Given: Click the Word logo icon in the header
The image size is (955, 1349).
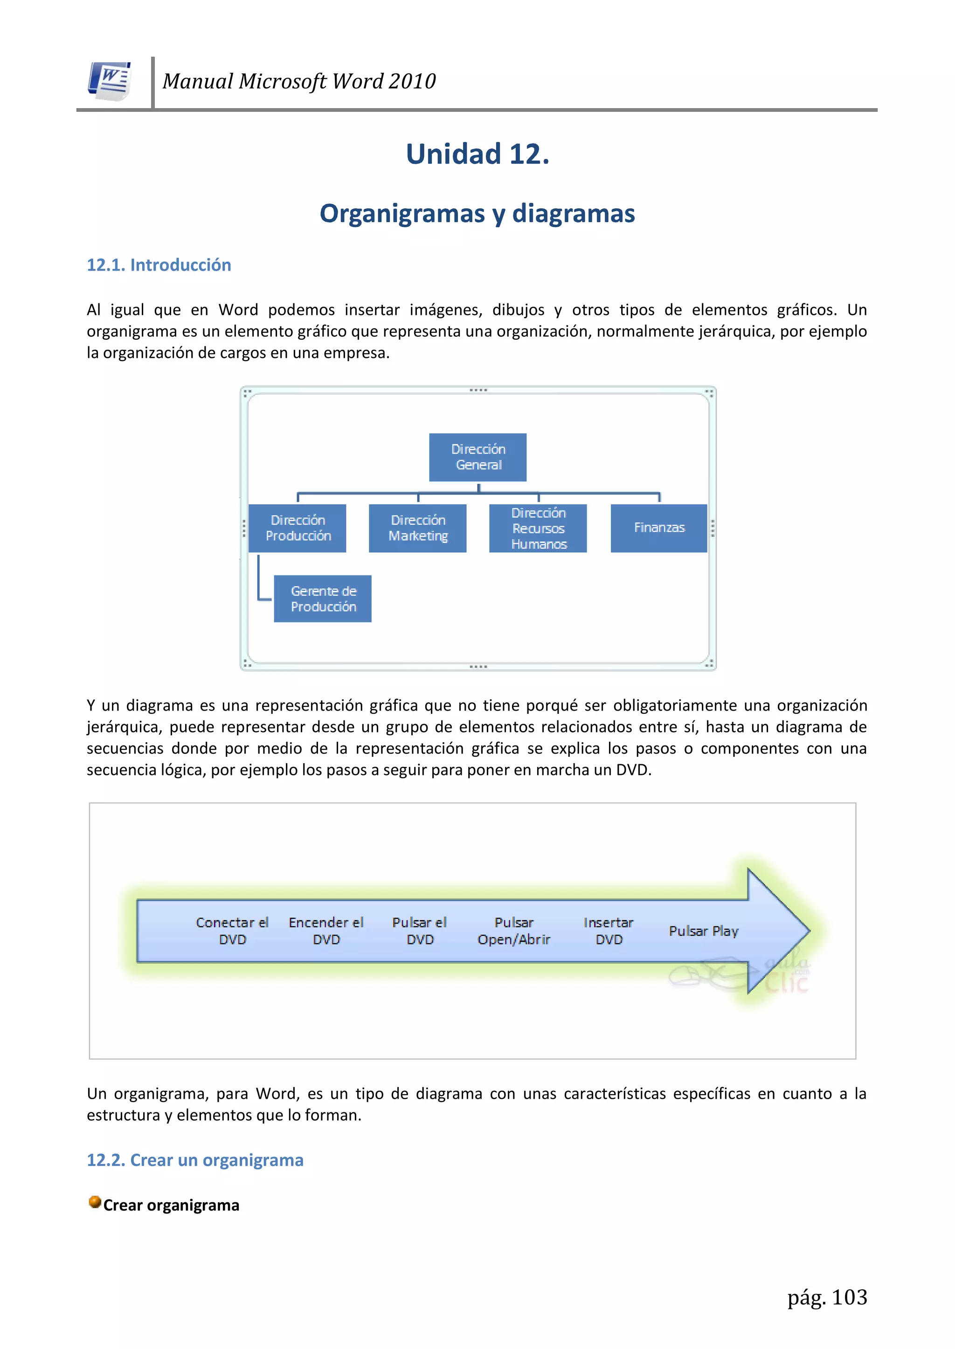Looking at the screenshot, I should point(110,81).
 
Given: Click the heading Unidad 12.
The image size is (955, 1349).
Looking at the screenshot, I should point(477,154).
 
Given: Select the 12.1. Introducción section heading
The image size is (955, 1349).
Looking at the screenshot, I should point(159,265).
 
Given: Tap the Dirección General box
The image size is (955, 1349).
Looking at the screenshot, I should point(477,457).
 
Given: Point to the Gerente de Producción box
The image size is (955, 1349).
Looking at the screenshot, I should point(323,599).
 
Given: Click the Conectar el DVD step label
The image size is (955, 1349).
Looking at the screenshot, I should point(232,931).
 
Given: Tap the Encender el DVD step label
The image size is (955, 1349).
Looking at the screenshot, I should point(326,931).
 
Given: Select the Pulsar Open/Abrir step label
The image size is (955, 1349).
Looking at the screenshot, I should point(514,931).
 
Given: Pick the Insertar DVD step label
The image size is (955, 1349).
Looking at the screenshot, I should point(609,931).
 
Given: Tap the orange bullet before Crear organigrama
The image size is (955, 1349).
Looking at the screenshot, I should point(95,1202).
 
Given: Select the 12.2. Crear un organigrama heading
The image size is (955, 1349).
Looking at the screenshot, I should point(195,1160).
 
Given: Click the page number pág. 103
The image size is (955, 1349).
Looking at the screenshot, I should point(827,1297).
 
